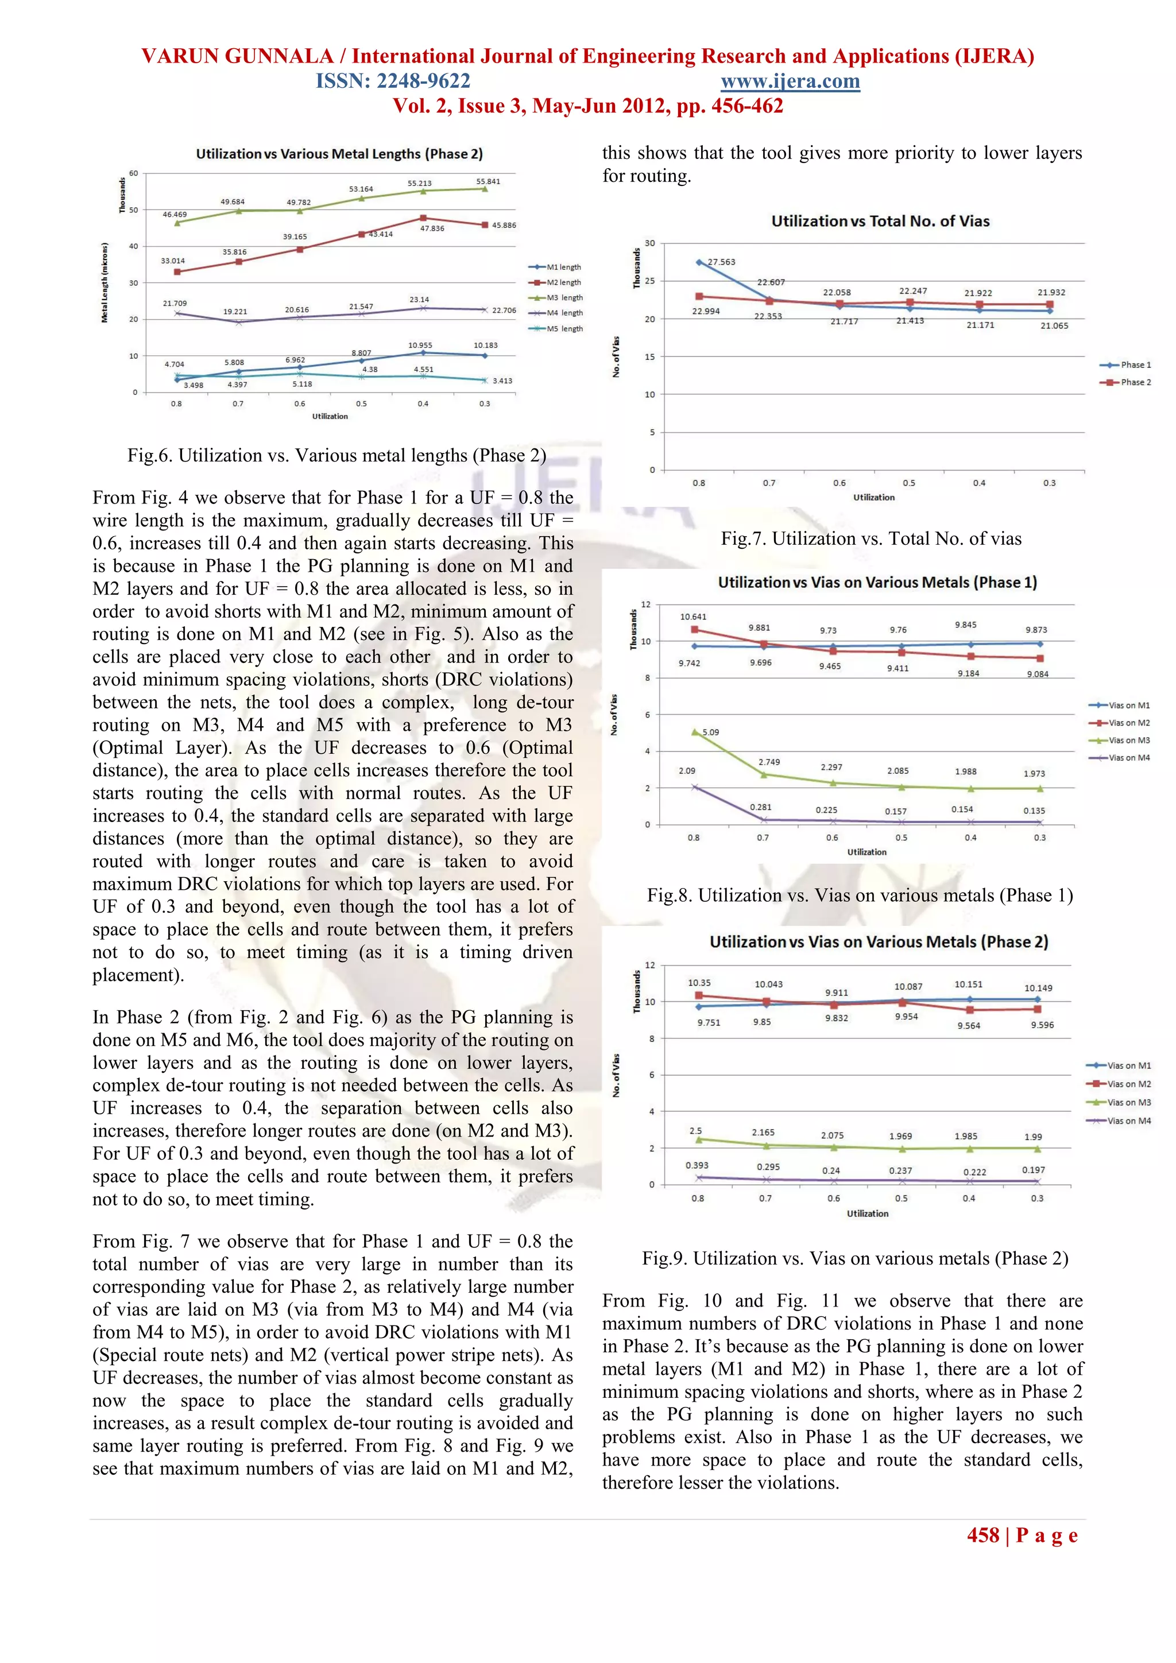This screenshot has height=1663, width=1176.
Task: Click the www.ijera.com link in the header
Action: pos(790,81)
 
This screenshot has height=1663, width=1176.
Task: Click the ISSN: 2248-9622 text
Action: pos(393,81)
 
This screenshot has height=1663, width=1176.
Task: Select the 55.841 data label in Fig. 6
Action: pos(488,181)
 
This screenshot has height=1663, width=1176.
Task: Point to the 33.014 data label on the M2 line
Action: pos(172,261)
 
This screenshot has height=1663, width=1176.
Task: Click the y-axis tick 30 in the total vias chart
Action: pos(649,243)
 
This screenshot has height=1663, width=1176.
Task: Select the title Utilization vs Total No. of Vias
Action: pos(880,221)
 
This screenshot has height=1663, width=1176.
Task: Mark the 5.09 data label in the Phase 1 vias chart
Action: pos(711,732)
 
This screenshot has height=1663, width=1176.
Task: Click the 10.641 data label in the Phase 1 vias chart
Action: pos(693,617)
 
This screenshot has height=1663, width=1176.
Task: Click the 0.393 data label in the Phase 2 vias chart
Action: pos(697,1165)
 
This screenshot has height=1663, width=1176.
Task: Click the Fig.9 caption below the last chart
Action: pos(854,1258)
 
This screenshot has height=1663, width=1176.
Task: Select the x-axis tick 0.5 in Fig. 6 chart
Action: pos(361,404)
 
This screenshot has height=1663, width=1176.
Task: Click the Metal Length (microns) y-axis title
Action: pos(105,282)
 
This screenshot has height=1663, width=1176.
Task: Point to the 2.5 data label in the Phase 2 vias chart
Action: pos(695,1131)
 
